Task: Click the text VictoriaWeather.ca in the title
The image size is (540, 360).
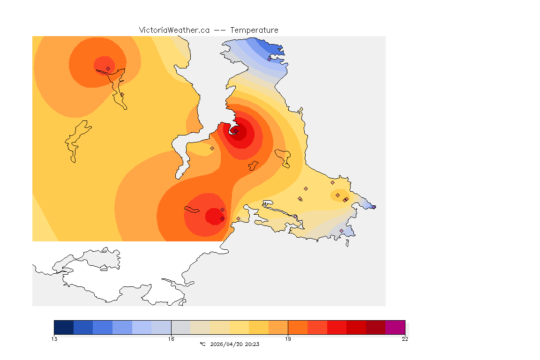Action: click(x=174, y=30)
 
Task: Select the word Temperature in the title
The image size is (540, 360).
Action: click(x=254, y=30)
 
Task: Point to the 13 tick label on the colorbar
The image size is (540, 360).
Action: click(x=54, y=339)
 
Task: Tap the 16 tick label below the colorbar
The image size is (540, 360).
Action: click(x=171, y=339)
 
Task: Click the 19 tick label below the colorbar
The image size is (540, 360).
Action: click(x=288, y=339)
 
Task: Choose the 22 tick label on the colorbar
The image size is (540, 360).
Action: click(x=405, y=339)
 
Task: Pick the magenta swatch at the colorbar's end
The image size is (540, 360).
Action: click(x=395, y=327)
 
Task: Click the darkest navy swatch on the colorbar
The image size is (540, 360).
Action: click(x=64, y=327)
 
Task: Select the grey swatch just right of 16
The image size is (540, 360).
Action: click(x=181, y=327)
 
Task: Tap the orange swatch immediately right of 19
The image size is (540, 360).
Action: click(x=298, y=327)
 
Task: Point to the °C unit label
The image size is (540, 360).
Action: click(x=202, y=344)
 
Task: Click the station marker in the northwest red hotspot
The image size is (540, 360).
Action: click(x=108, y=68)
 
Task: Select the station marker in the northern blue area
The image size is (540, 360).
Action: click(x=269, y=59)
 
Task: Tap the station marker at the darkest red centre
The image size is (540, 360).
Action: click(x=236, y=131)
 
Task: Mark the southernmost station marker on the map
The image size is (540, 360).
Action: click(x=341, y=231)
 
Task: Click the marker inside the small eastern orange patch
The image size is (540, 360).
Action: click(x=337, y=195)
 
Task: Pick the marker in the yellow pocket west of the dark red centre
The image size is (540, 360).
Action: click(x=212, y=148)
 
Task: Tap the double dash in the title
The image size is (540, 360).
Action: click(x=219, y=30)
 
